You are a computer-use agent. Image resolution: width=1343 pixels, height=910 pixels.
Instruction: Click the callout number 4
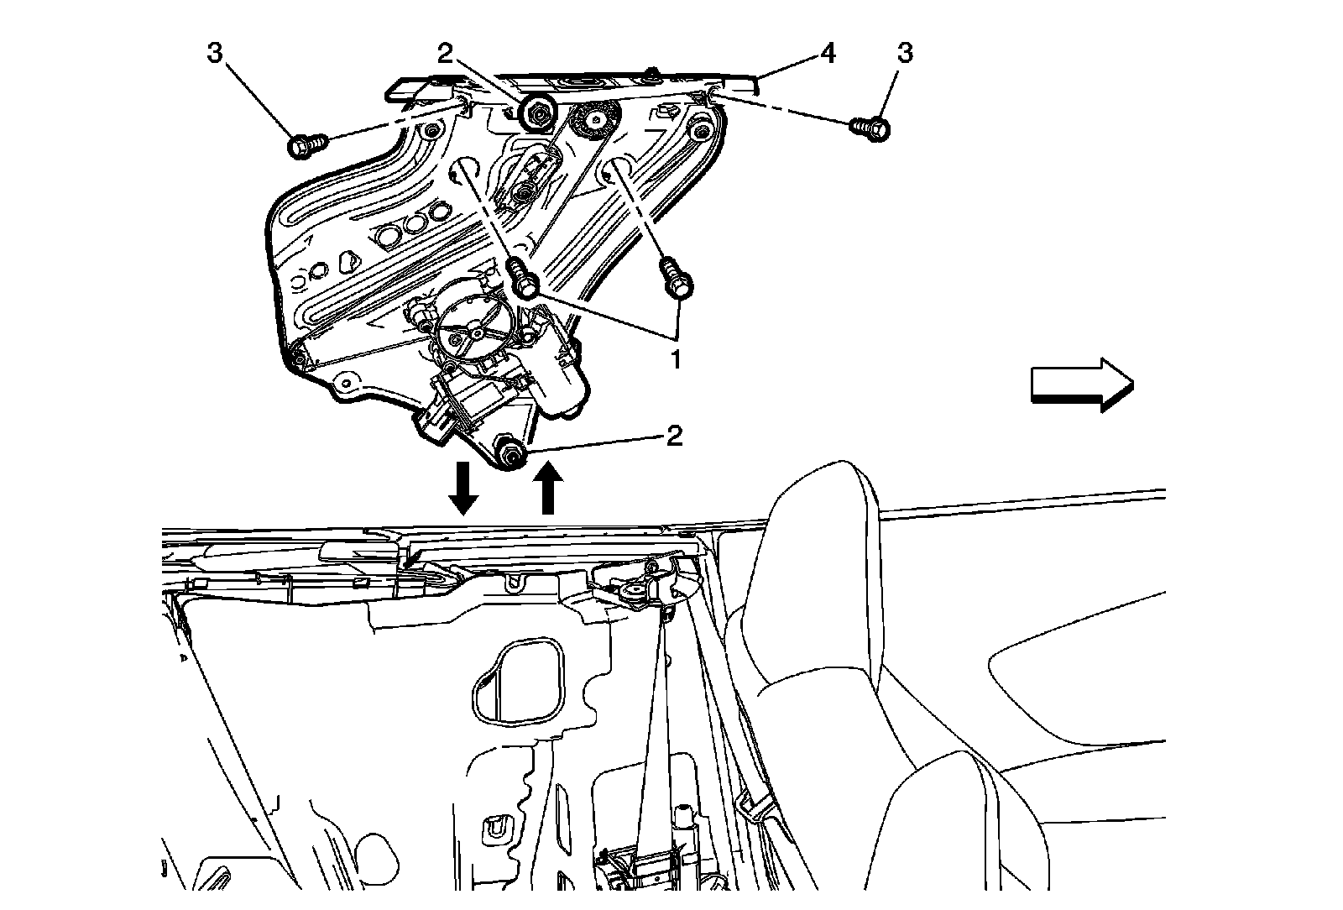click(828, 54)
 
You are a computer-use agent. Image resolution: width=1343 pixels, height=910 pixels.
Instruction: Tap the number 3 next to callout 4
click(904, 54)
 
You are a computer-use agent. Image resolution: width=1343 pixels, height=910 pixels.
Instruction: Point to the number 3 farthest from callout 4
click(215, 54)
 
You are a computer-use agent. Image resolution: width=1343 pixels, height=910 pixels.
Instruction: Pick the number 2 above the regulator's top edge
click(445, 54)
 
